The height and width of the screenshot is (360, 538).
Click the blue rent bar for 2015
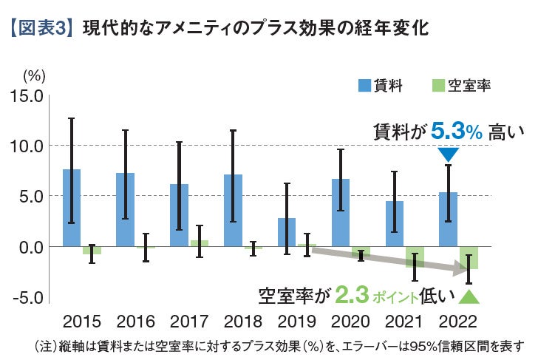coord(72,208)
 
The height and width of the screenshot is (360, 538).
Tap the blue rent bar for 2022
coord(448,219)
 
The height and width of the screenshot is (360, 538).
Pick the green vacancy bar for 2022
coord(468,257)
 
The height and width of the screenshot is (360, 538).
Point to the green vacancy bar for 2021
coord(414,255)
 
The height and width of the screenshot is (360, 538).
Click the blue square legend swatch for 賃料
coord(365,86)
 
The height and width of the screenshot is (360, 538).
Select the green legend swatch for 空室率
coord(436,86)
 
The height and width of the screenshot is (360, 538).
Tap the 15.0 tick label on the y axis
coord(27,95)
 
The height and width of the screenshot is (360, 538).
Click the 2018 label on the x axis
coord(242,322)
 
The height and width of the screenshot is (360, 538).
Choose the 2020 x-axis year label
coord(351,322)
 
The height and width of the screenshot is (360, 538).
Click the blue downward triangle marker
coord(449,154)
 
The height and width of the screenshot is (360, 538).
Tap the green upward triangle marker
coord(469,297)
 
